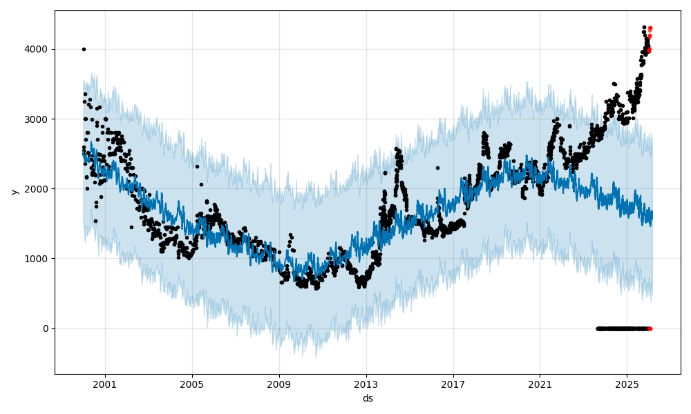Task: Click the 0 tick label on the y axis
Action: click(45, 328)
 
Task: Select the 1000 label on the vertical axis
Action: click(37, 259)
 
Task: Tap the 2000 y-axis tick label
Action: click(37, 189)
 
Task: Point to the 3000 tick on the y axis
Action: click(37, 119)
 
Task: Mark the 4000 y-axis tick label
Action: click(37, 50)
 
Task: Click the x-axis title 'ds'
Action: click(368, 398)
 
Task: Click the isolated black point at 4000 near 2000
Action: click(84, 49)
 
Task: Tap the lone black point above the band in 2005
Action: click(197, 166)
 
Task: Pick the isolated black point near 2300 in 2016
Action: click(437, 168)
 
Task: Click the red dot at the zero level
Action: click(650, 328)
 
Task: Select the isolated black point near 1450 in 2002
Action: click(131, 227)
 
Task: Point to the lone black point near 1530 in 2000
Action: click(95, 221)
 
